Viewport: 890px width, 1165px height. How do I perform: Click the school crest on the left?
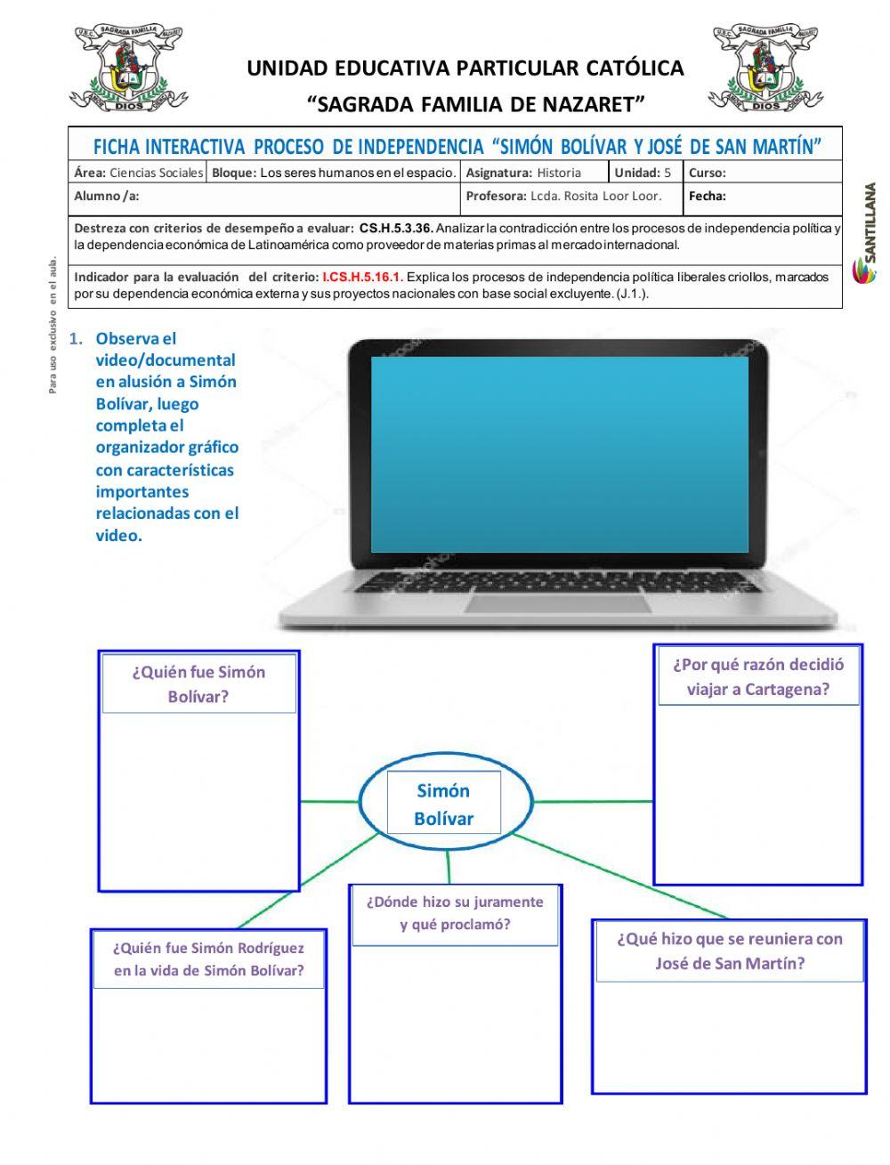129,69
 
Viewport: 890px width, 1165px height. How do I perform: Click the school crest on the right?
765,69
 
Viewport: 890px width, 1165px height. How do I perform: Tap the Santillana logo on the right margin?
867,234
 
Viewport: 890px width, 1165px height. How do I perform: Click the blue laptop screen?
560,454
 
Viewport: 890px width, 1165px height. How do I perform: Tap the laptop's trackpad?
557,603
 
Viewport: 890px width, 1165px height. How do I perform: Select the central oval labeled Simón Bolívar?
445,804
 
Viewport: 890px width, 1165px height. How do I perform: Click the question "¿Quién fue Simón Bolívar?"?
198,684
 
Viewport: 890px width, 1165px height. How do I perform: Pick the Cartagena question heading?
758,677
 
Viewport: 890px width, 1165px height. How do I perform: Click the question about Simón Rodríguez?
208,959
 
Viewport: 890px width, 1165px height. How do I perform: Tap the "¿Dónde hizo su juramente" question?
455,913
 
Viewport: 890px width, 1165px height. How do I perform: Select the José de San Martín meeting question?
729,951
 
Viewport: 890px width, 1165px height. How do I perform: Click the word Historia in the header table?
559,173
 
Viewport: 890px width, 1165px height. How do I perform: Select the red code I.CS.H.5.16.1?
362,278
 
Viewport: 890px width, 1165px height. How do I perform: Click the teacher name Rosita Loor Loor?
595,197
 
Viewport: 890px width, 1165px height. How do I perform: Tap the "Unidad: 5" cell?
643,173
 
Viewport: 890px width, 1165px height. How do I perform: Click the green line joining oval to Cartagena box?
594,801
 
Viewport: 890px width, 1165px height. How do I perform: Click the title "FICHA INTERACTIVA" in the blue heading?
169,146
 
